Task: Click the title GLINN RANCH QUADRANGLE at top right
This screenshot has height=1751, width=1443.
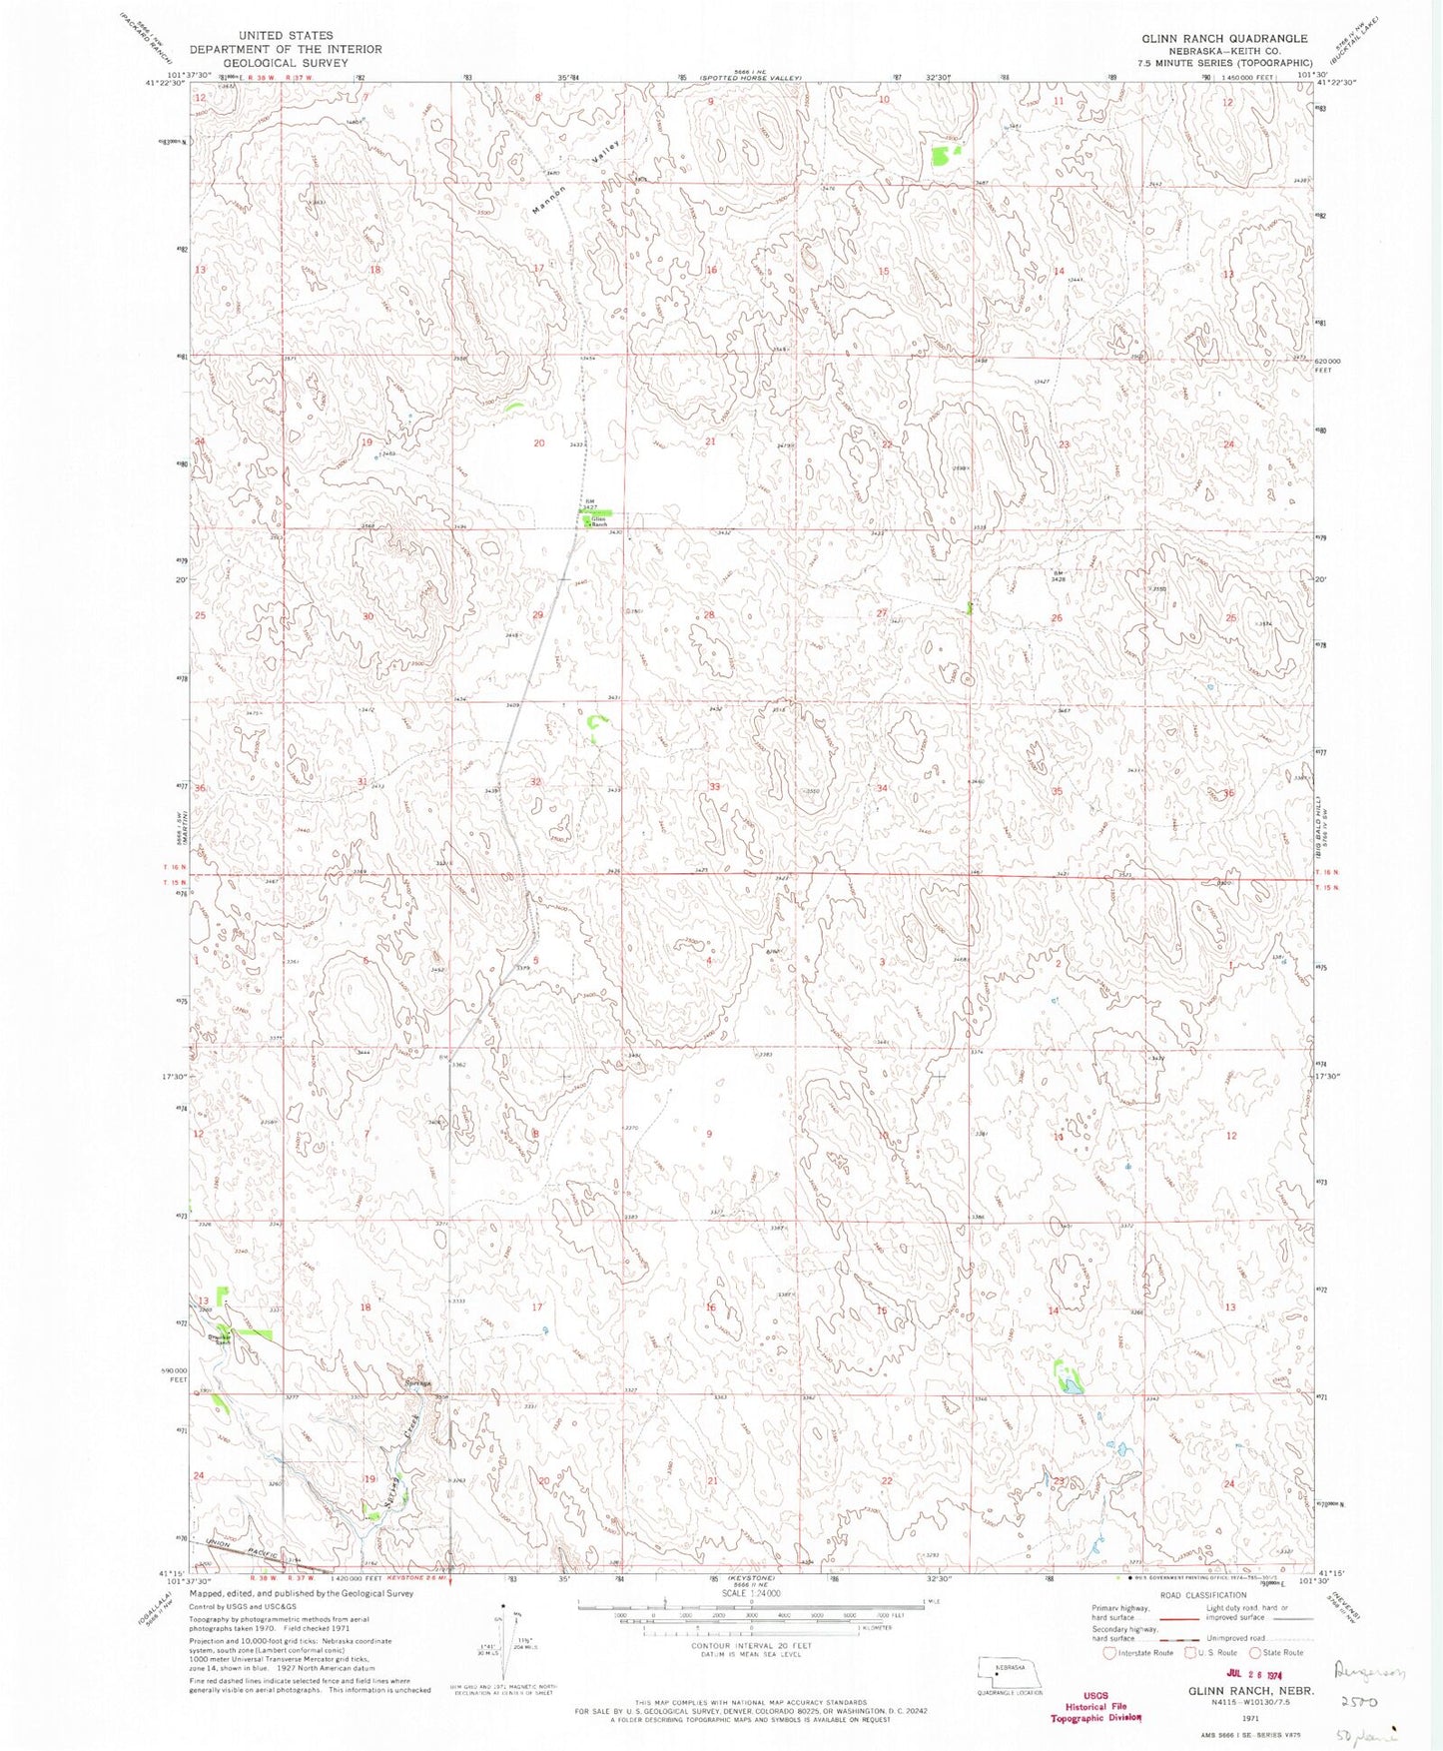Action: click(x=1224, y=38)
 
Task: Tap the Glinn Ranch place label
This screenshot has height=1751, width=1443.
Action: click(x=599, y=521)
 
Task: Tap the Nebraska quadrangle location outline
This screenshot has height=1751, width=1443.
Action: click(x=1010, y=1670)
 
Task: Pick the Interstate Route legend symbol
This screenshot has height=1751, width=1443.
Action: click(x=1109, y=1653)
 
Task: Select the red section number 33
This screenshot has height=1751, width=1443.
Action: click(x=714, y=787)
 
